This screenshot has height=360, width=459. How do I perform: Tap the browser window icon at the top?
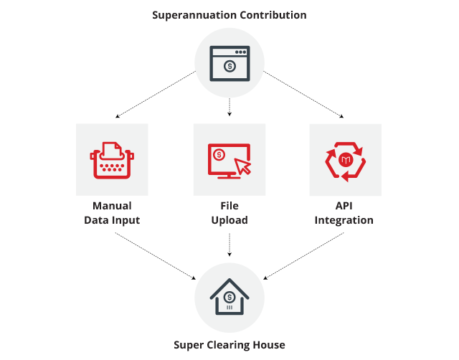pos(229,63)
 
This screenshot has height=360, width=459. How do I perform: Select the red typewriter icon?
pos(112,160)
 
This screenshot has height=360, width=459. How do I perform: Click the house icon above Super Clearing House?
pos(229,296)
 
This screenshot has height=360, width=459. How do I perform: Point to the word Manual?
pos(112,206)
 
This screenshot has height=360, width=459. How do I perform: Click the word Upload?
pos(229,220)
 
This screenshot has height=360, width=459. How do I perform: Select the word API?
pos(344,206)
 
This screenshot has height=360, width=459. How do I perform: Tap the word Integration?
pos(344,220)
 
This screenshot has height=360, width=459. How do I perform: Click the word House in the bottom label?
pos(269,345)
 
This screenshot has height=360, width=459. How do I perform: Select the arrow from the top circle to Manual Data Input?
pos(156,94)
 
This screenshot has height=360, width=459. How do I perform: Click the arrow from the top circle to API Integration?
pos(303,94)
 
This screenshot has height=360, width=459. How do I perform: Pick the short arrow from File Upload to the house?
pos(229,245)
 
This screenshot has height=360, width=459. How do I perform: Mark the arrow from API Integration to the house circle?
pos(303,256)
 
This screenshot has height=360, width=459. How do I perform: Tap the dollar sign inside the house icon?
pos(229,298)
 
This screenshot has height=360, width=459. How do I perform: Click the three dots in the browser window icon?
pos(241,52)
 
